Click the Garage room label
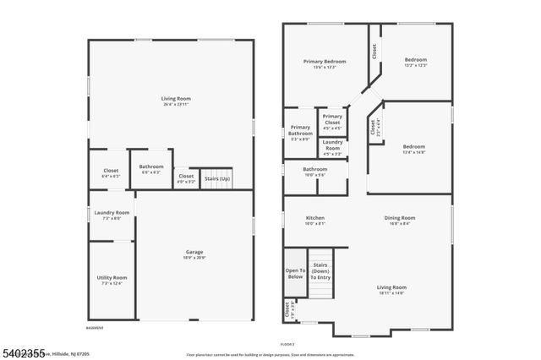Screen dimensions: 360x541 tap(194, 252)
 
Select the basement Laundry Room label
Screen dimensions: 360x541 tap(112, 213)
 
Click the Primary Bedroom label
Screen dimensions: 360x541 tap(325, 62)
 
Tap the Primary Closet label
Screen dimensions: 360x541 tap(332, 117)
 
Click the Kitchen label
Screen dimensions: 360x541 tap(315, 218)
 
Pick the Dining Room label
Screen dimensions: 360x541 tap(401, 218)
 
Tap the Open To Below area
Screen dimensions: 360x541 tap(294, 273)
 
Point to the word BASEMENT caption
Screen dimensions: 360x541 tap(96, 327)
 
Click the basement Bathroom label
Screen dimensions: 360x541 tap(152, 167)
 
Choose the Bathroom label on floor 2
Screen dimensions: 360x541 tap(315, 169)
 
